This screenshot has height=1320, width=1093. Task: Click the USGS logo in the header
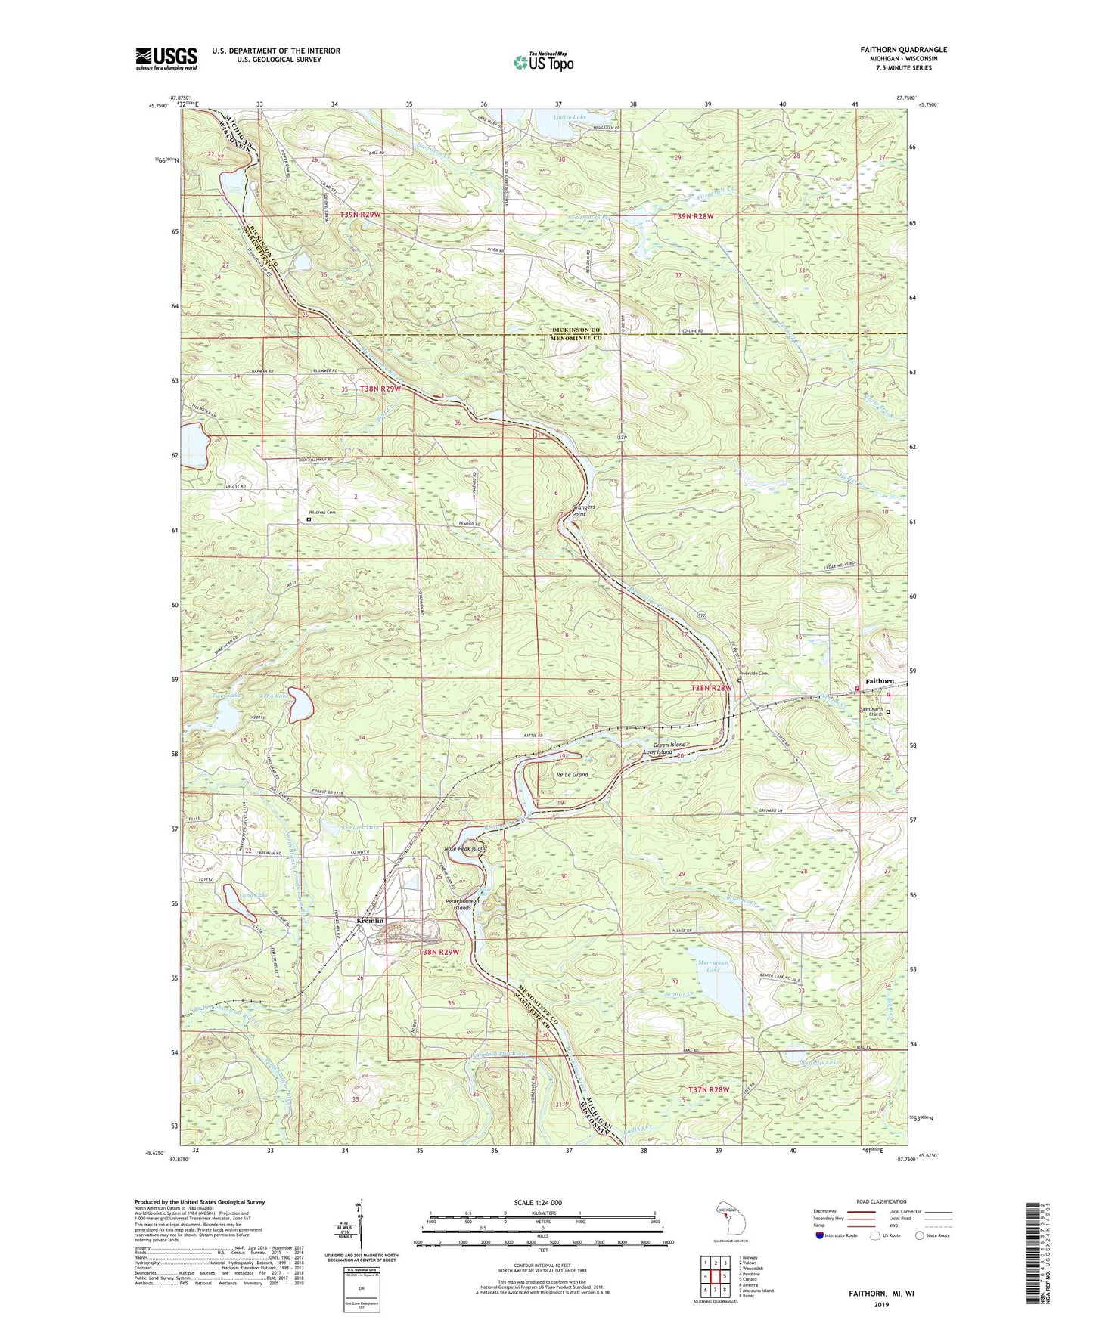(x=166, y=57)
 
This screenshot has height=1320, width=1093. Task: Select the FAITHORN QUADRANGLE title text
(x=903, y=50)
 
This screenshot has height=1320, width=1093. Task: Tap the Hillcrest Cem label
(x=321, y=512)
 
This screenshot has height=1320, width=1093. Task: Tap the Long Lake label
(x=253, y=896)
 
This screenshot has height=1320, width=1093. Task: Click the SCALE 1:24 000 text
(x=542, y=1202)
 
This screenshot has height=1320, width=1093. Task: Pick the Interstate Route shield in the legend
(x=820, y=1236)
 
